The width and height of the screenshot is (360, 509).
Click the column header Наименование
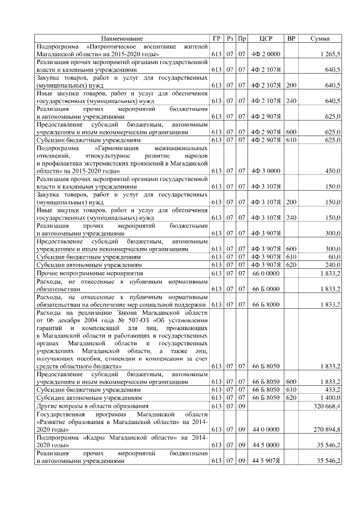click(x=122, y=38)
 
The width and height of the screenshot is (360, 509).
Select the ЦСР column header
click(x=266, y=38)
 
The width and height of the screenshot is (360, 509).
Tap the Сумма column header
click(x=320, y=38)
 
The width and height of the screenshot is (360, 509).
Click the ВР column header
click(x=291, y=38)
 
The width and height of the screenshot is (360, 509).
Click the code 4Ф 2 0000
click(x=266, y=54)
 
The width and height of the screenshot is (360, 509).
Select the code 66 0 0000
click(x=266, y=273)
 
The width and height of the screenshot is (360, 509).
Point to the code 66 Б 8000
click(x=266, y=304)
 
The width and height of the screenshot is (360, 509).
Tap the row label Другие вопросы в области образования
click(x=92, y=405)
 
